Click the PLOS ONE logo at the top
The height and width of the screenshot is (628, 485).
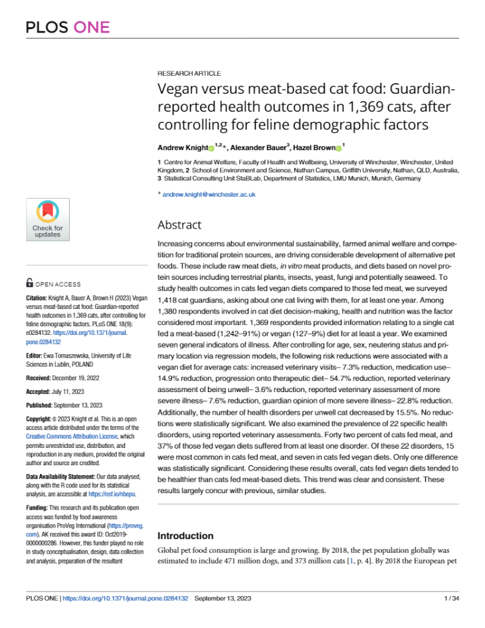[67, 27]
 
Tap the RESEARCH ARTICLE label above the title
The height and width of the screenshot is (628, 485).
[189, 73]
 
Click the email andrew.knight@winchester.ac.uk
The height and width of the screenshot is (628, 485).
[209, 194]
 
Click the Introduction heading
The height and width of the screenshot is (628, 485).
[185, 536]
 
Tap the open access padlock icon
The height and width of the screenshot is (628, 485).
[29, 282]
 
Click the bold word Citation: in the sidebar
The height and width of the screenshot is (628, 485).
[39, 297]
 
